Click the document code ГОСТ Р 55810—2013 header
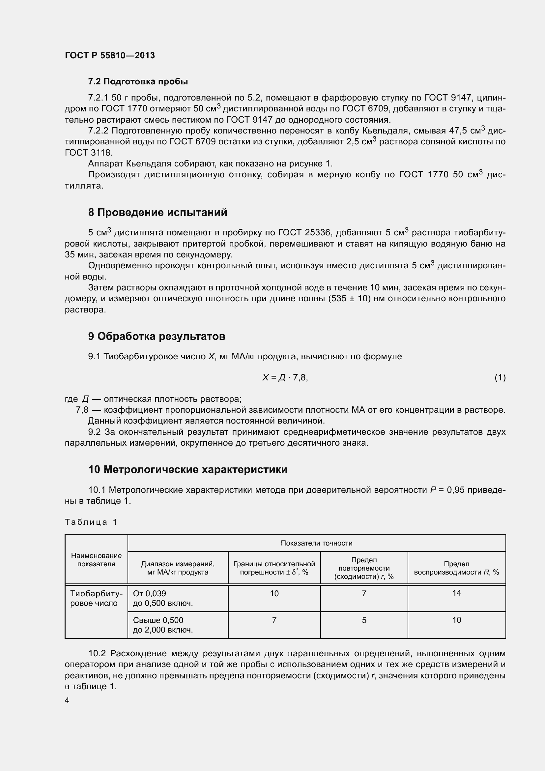point(110,55)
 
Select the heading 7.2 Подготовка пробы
point(138,82)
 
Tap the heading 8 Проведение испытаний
point(158,213)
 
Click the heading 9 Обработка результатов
point(157,337)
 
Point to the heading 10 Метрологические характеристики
point(187,469)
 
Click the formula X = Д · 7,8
point(285,378)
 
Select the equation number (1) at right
point(500,378)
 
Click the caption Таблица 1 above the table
point(91,522)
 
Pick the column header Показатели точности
point(316,543)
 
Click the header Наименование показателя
point(96,560)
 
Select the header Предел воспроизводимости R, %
point(456,568)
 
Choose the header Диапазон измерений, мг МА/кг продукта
point(178,568)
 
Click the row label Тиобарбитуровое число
point(96,598)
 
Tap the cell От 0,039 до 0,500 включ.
point(163,598)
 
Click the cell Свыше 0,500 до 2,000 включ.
point(163,625)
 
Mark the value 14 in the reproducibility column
point(456,593)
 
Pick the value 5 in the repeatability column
point(364,620)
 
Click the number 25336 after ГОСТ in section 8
point(317,233)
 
